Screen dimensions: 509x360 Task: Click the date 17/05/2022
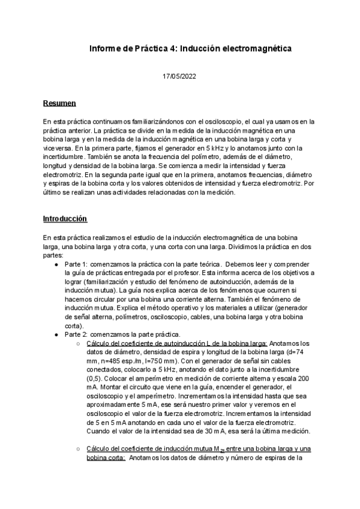click(x=179, y=76)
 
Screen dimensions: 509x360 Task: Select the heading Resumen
click(x=59, y=103)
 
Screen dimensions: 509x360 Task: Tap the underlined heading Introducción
click(x=65, y=218)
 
